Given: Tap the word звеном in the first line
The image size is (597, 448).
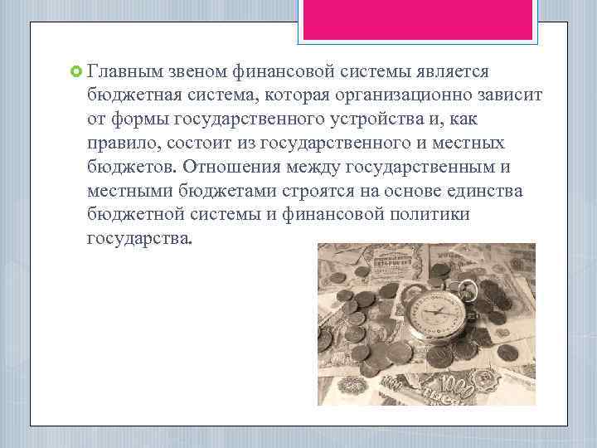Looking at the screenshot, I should coord(202,73).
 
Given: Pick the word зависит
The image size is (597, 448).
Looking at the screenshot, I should coord(502,96).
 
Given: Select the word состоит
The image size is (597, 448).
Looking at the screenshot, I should coord(208,144).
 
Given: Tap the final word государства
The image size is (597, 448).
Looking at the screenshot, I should coord(139,239).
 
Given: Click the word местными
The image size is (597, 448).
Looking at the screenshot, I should coord(127,192).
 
